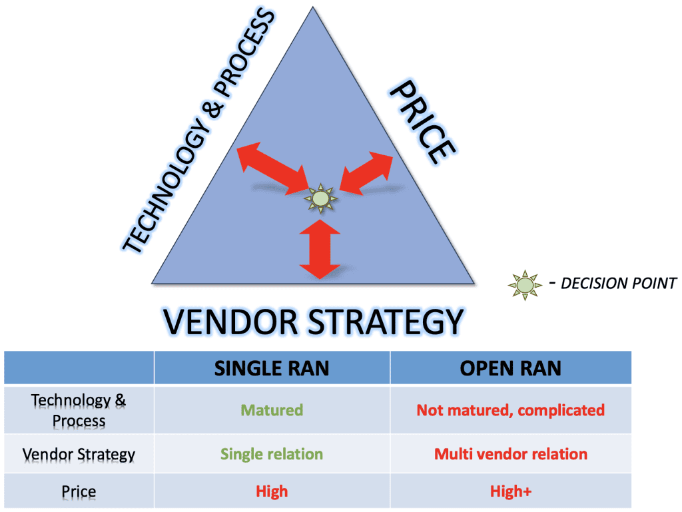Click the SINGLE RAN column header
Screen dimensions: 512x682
click(x=272, y=368)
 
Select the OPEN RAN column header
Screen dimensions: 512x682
click(x=511, y=368)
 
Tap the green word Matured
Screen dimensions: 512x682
click(x=272, y=410)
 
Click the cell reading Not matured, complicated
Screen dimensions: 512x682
click(x=511, y=410)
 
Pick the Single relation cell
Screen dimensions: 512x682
click(x=272, y=454)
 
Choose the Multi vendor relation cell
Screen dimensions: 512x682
click(x=511, y=454)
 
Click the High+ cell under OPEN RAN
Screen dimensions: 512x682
click(x=511, y=491)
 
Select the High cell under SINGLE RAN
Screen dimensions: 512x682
click(x=272, y=491)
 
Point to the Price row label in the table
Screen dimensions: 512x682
click(x=79, y=492)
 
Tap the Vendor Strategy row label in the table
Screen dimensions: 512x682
click(x=79, y=455)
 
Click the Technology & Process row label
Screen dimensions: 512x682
click(x=79, y=410)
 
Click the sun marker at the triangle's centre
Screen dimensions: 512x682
click(x=320, y=198)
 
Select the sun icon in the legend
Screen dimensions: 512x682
click(x=525, y=284)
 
